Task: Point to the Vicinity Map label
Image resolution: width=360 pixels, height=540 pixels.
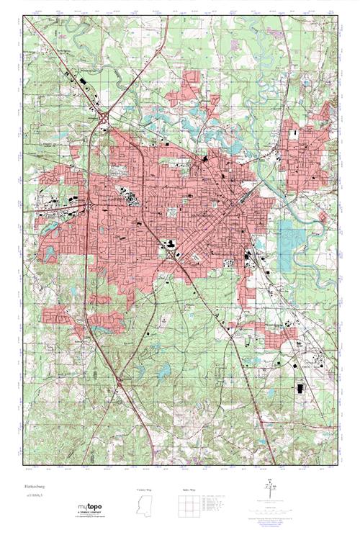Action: (146, 490)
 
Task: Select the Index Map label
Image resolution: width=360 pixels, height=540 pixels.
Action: (188, 490)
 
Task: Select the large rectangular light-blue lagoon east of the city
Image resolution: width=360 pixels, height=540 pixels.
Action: (287, 237)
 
